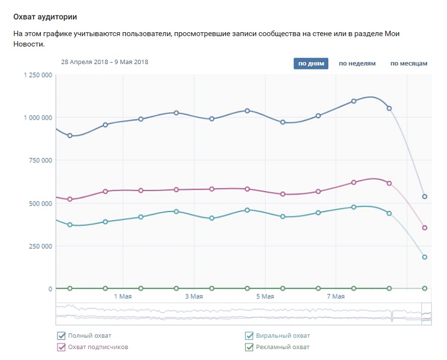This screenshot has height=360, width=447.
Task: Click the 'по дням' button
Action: [x=311, y=64]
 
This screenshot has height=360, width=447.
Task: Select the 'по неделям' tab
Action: [x=357, y=64]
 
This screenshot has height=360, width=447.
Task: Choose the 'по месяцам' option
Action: [x=409, y=64]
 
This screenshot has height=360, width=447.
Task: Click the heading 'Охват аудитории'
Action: [x=45, y=17]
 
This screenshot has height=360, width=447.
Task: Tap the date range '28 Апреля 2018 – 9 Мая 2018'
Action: [x=105, y=62]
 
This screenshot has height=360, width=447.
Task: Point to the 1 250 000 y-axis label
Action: [x=38, y=75]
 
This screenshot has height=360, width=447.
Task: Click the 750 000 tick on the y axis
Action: [x=41, y=160]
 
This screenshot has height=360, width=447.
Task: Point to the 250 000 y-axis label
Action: [x=41, y=246]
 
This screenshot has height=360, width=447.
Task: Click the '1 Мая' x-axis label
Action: [x=123, y=296]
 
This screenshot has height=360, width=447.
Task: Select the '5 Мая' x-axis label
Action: [x=265, y=296]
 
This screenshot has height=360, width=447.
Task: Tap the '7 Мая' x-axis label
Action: [x=336, y=296]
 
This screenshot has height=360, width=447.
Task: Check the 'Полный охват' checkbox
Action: [x=61, y=336]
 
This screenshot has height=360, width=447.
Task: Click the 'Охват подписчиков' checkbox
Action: [x=61, y=347]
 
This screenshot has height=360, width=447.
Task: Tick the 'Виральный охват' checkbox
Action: [x=249, y=336]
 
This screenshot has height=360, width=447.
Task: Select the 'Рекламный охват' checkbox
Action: [x=249, y=347]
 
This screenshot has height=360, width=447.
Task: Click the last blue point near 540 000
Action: [x=425, y=197]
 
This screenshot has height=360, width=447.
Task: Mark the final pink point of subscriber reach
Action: [x=425, y=228]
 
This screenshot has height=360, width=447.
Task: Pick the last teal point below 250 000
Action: [x=425, y=257]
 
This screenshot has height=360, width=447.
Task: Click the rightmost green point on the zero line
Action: [x=425, y=288]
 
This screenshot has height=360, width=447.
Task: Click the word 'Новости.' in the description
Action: [x=29, y=44]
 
